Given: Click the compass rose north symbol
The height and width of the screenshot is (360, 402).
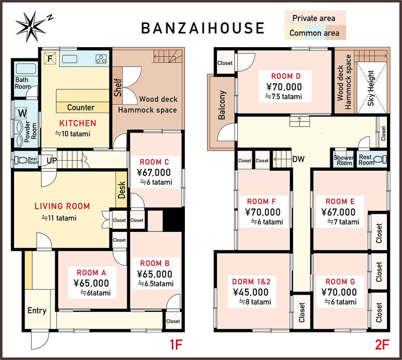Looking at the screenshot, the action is pyautogui.click(x=31, y=27).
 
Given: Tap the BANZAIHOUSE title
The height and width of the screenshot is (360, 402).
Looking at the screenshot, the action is pyautogui.click(x=203, y=28).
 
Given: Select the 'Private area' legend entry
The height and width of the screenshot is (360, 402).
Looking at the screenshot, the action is pyautogui.click(x=314, y=18).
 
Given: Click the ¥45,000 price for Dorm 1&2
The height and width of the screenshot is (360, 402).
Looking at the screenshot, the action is pyautogui.click(x=251, y=292).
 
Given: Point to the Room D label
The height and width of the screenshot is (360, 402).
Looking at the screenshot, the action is pyautogui.click(x=286, y=76).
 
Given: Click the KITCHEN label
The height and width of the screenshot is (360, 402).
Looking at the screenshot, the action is pyautogui.click(x=78, y=123).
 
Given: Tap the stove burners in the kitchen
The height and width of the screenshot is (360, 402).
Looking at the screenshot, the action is pyautogui.click(x=102, y=59).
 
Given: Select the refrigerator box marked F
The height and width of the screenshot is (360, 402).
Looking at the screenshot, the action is pyautogui.click(x=50, y=58).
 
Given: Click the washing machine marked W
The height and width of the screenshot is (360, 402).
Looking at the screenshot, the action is pyautogui.click(x=22, y=113).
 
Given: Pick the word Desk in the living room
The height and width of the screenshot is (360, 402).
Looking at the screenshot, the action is pyautogui.click(x=122, y=190).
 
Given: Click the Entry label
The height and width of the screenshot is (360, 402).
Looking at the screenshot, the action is pyautogui.click(x=37, y=311).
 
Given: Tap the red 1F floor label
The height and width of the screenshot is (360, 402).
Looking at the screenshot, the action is pyautogui.click(x=176, y=344).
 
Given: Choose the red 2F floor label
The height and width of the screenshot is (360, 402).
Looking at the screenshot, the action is pyautogui.click(x=382, y=344).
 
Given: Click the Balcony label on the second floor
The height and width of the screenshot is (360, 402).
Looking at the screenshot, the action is pyautogui.click(x=222, y=105).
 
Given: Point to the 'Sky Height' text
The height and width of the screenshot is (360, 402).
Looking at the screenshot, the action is pyautogui.click(x=371, y=88).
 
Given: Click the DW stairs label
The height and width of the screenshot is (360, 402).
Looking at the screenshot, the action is pyautogui.click(x=298, y=159).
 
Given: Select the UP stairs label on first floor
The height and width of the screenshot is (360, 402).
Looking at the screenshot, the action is pyautogui.click(x=52, y=161).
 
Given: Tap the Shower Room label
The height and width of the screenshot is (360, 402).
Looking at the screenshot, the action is pyautogui.click(x=344, y=160).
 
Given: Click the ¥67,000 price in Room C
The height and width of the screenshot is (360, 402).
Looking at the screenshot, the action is pyautogui.click(x=154, y=172).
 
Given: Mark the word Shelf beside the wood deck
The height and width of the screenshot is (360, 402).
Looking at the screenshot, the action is pyautogui.click(x=118, y=88).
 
